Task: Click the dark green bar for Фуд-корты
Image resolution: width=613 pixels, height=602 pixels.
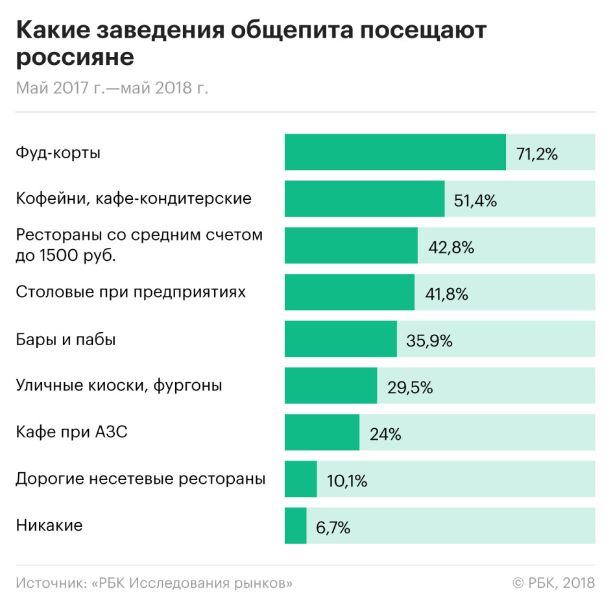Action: coord(395,152)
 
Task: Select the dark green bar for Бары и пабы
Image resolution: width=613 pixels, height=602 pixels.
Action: coord(341,339)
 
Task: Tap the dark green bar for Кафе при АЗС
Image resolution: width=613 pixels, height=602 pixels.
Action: coord(322,433)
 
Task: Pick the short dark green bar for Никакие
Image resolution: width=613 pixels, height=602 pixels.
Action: coord(295,526)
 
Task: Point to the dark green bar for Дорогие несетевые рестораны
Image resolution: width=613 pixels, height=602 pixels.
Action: coord(300,479)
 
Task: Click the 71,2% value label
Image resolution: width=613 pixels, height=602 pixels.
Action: coord(537,154)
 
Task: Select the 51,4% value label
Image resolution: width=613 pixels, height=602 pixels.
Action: coord(475,200)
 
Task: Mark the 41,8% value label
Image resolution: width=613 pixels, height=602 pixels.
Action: coord(446,294)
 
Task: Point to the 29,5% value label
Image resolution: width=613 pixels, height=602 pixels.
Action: coord(410,387)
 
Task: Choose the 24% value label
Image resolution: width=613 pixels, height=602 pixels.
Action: coord(385,434)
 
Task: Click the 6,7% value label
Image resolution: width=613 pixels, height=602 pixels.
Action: coord(333,527)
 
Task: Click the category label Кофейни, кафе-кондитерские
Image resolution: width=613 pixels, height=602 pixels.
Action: coord(134,199)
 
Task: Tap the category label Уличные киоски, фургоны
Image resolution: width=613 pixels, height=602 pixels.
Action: coord(119,386)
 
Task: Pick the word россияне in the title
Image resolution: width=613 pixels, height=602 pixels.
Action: coord(75,58)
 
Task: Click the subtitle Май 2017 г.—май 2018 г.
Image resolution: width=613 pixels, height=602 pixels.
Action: coord(112,88)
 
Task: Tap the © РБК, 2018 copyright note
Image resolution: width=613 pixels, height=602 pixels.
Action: coord(553,583)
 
